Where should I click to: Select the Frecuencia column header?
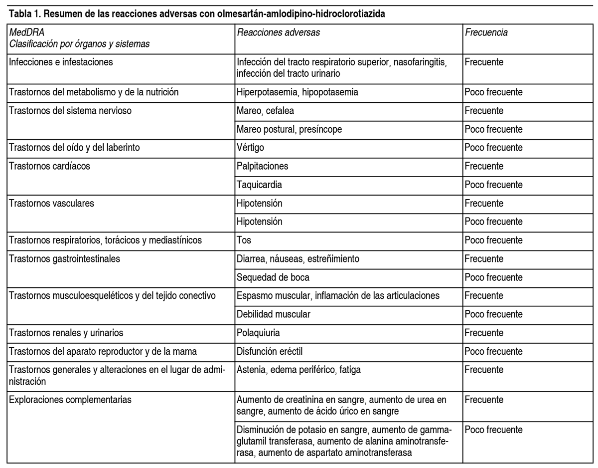(486, 33)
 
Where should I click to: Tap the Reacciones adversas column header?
(279, 33)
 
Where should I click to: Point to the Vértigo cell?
(251, 148)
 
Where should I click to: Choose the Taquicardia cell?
(260, 185)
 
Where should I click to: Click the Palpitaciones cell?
(263, 166)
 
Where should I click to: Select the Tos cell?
(244, 240)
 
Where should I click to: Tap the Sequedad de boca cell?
(269, 277)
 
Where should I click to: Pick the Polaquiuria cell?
(259, 333)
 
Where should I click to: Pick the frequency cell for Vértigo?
(493, 148)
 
